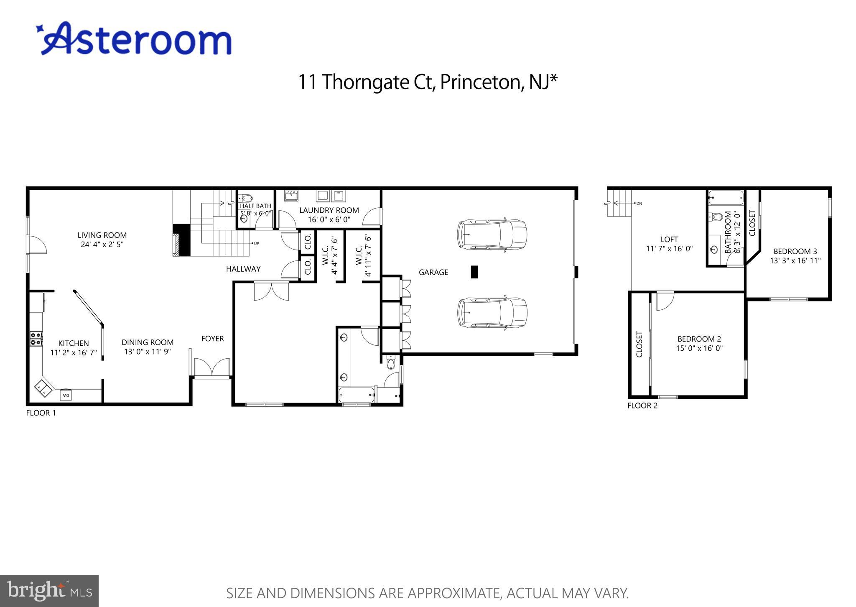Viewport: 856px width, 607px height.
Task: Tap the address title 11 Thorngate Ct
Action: tap(427, 82)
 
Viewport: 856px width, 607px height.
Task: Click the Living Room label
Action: tap(102, 235)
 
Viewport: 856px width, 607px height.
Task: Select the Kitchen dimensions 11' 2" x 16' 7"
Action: tap(74, 352)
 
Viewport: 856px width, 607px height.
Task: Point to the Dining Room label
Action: tap(148, 342)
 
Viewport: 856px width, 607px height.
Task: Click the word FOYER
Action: tap(212, 339)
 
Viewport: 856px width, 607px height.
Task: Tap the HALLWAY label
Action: tap(243, 269)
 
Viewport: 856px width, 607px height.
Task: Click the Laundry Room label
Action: tap(329, 210)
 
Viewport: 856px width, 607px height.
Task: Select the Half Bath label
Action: tap(255, 206)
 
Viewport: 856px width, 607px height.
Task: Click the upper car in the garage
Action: tap(492, 235)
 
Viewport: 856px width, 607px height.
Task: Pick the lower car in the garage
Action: tap(492, 312)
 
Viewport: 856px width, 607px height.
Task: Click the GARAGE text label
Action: tap(433, 272)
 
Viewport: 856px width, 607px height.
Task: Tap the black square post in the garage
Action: tap(474, 272)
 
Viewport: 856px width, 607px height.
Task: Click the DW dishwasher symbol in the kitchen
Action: tap(65, 395)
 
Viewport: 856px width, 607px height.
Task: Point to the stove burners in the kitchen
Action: tap(36, 338)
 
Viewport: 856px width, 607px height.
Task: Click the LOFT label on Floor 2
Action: tap(669, 239)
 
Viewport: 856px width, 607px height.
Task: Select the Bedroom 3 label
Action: tap(795, 251)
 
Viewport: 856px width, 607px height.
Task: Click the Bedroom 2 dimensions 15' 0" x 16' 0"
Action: tap(699, 348)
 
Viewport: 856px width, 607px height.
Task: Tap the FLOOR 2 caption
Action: tap(642, 406)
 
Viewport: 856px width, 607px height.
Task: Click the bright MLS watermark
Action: tap(49, 591)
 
